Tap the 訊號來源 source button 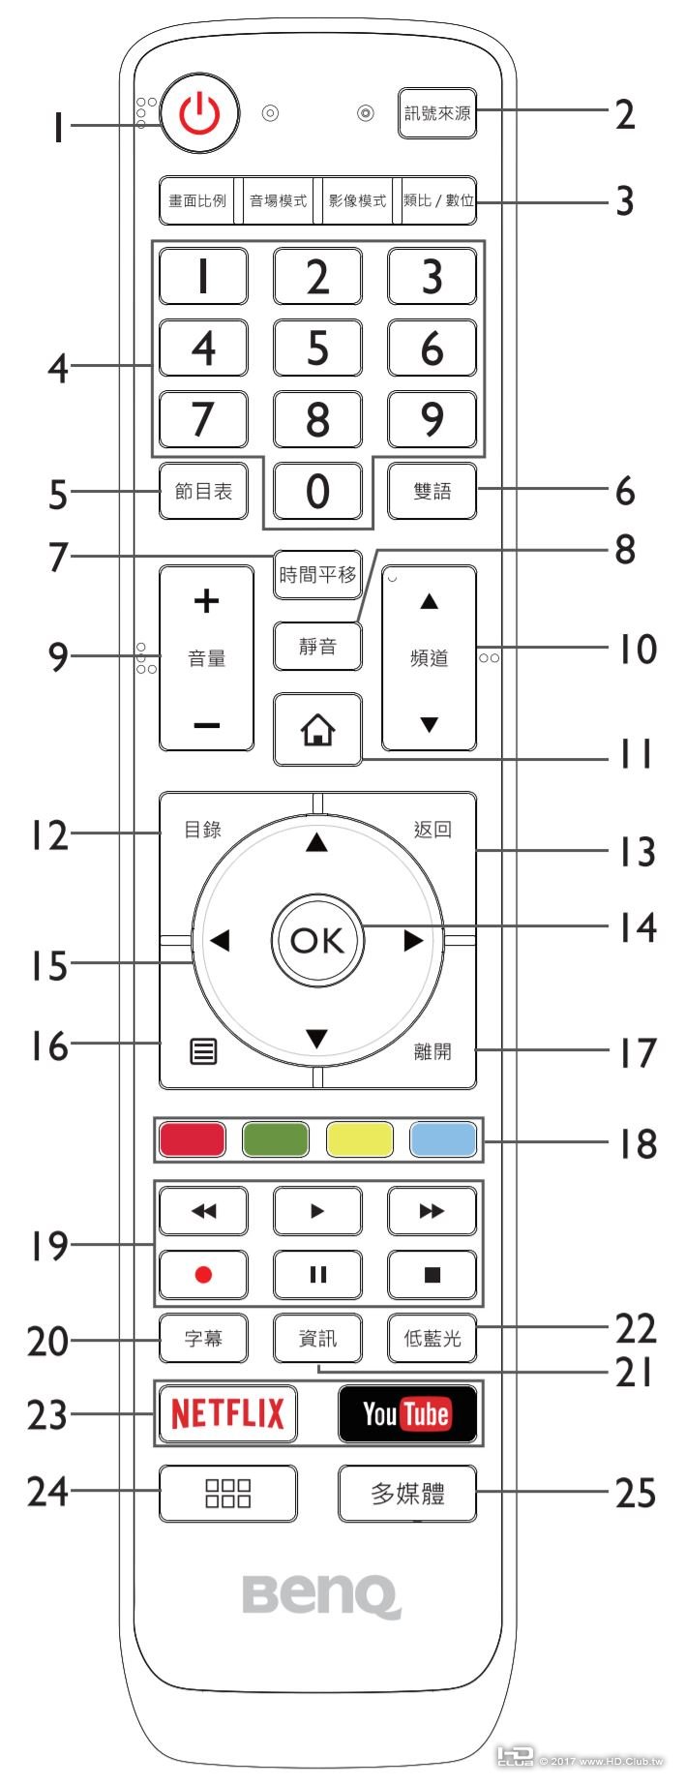point(437,113)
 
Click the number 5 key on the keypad point(317,348)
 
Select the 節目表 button point(203,491)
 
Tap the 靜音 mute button point(317,646)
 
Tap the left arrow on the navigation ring point(220,940)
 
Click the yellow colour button point(360,1139)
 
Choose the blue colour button point(443,1139)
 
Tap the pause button point(317,1274)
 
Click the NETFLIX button point(227,1414)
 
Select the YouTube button point(407,1414)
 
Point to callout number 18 point(638,1143)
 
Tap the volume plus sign point(206,601)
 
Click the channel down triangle point(430,724)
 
